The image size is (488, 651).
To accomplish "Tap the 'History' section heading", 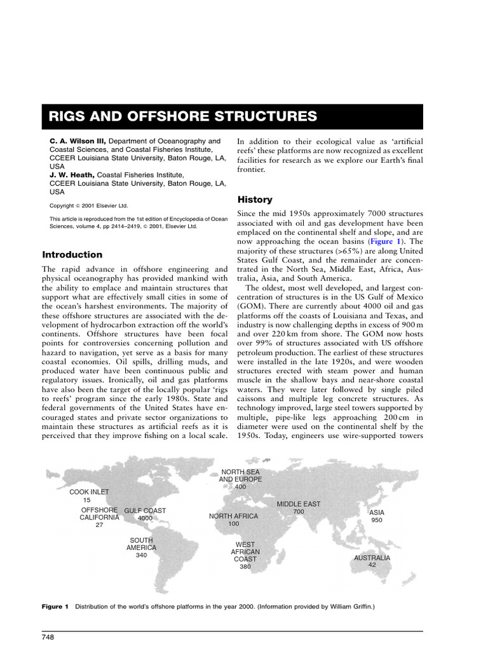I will pyautogui.click(x=255, y=199).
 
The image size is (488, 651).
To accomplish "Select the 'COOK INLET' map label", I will pyautogui.click(x=89, y=491).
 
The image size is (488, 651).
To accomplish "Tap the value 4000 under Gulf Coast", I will pyautogui.click(x=145, y=518).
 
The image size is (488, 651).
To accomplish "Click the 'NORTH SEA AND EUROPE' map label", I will pyautogui.click(x=240, y=476).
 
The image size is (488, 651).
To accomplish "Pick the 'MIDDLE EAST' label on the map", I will pyautogui.click(x=299, y=504).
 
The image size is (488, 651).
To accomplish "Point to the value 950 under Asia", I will pyautogui.click(x=377, y=520).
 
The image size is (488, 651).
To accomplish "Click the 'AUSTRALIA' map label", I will pyautogui.click(x=372, y=558).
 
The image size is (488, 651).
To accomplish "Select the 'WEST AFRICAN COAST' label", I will pyautogui.click(x=245, y=552).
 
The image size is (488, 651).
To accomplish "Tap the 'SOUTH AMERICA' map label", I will pyautogui.click(x=141, y=544).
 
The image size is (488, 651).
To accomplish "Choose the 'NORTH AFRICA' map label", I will pyautogui.click(x=234, y=516).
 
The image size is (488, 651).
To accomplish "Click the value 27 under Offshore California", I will pyautogui.click(x=99, y=525).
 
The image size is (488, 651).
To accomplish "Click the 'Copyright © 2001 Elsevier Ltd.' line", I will pyautogui.click(x=89, y=205).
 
